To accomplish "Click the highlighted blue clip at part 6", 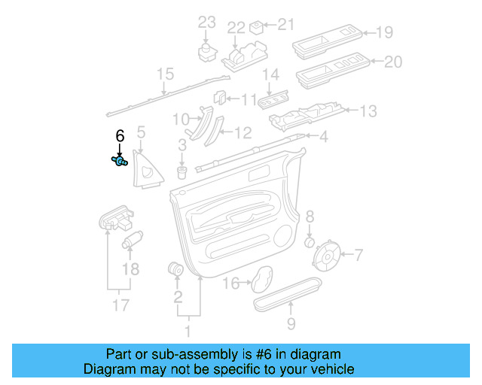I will point(119,160).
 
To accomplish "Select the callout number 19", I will point(385,32).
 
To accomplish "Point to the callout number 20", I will point(393,62).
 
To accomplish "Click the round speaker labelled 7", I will point(328,256).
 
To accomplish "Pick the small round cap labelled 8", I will point(309,243).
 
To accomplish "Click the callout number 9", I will point(291,324).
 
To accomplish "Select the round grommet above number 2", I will point(177,268).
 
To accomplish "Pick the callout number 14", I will point(270,74).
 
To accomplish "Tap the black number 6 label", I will point(119,136).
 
